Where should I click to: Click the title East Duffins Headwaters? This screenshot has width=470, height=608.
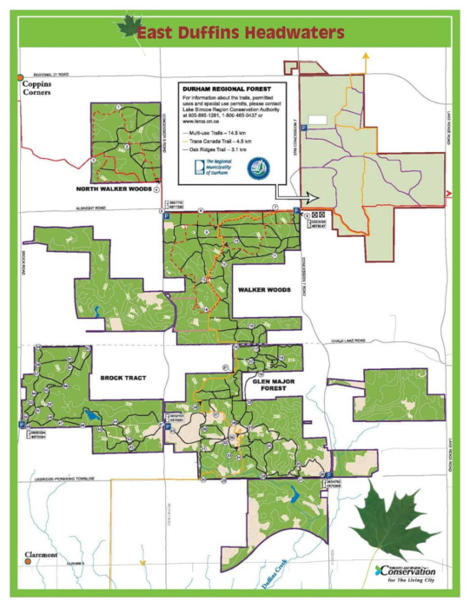[242, 33]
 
